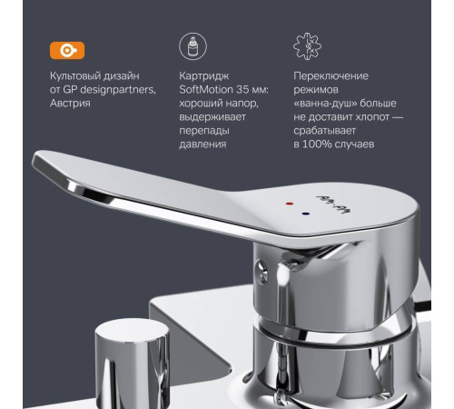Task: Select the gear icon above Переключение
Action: coord(309,46)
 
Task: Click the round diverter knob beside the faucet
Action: coord(135,359)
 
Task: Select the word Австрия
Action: coord(75,105)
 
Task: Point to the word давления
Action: coord(203,144)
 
